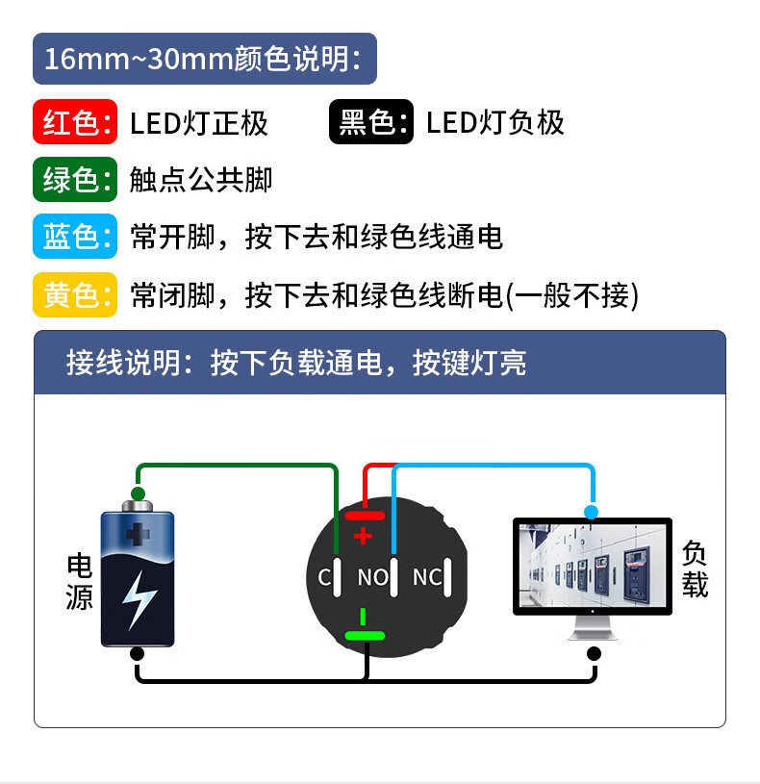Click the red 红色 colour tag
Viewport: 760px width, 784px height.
pos(74,122)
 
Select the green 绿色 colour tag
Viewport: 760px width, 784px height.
pos(74,180)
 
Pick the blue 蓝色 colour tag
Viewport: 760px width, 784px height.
pos(74,237)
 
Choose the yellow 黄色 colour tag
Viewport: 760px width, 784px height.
pos(74,294)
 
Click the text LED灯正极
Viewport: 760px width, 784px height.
pos(199,123)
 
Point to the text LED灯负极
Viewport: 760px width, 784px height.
pos(495,123)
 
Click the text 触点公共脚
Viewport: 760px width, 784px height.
pos(201,180)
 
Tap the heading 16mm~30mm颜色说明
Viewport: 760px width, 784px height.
pos(202,59)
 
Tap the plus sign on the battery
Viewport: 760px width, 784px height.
pos(139,535)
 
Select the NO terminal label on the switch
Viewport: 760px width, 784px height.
pos(372,577)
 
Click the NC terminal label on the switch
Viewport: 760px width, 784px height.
pos(427,577)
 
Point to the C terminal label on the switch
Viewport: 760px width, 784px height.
pos(324,578)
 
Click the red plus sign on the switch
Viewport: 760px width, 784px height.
pos(363,536)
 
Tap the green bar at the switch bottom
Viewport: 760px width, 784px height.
pos(365,635)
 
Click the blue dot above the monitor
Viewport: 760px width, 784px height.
pos(591,512)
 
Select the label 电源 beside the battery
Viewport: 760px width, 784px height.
pos(80,582)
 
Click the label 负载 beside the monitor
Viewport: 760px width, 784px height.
pos(695,568)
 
